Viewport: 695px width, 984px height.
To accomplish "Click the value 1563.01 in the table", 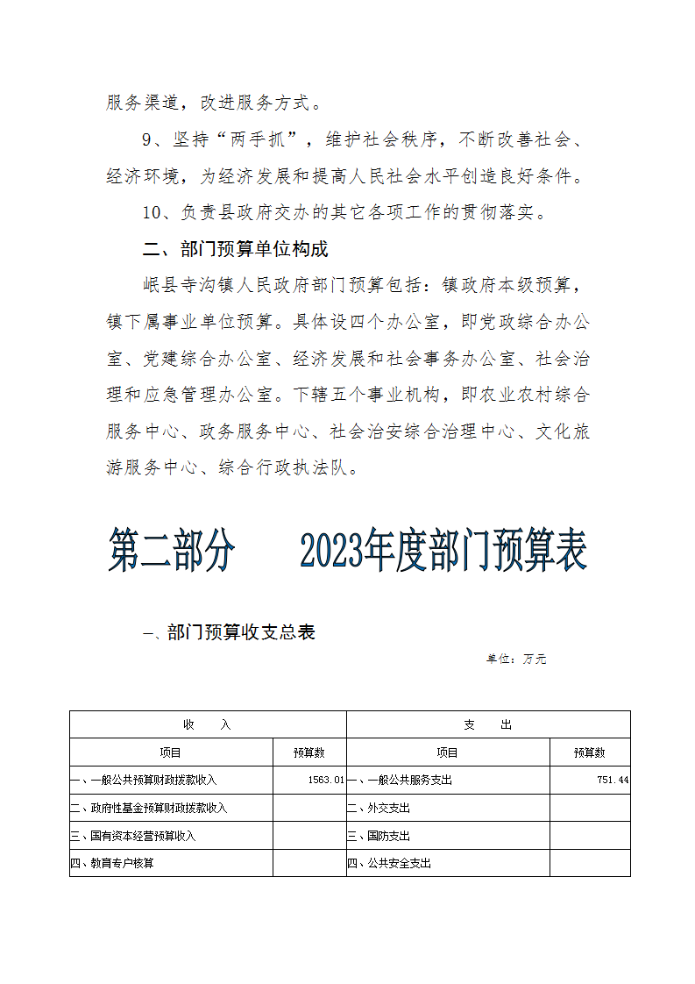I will coord(326,780).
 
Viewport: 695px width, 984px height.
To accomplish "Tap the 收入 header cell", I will coord(208,725).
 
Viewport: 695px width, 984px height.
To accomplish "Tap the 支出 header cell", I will coord(488,725).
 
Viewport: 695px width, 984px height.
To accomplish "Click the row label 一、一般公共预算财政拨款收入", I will coord(144,780).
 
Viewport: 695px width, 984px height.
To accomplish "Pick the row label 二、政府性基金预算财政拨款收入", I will coord(149,808).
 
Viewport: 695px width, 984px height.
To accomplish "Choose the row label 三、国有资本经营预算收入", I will coord(133,836).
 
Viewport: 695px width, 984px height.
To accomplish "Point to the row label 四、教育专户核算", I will coord(112,864).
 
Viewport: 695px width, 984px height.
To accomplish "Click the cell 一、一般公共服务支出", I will coord(401,780).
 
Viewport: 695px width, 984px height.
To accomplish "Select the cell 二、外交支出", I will coord(379,808).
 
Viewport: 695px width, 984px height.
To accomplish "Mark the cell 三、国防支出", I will coord(379,836).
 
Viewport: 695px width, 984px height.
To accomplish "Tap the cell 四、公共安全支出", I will coord(390,864).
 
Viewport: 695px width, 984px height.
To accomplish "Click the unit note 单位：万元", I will coord(516,659).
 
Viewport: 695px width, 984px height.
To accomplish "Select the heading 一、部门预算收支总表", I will coord(229,632).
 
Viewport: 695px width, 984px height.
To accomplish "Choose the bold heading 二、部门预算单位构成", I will coord(235,250).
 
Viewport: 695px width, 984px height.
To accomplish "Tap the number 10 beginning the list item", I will coord(151,213).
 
